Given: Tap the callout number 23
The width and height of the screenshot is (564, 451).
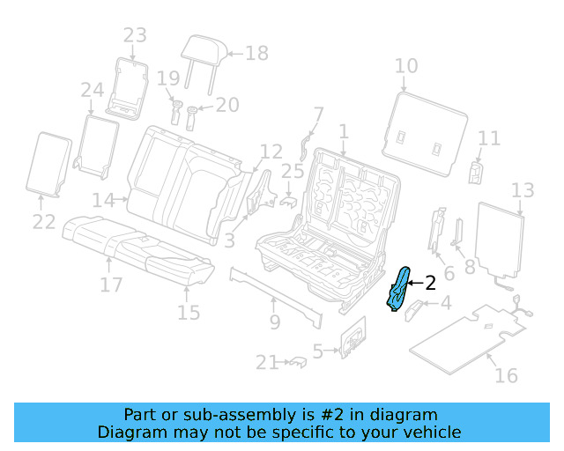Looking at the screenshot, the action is pos(135,35).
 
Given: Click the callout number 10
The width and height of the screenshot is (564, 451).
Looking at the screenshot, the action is pos(405,66).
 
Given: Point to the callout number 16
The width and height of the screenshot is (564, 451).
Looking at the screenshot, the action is pos(505,376).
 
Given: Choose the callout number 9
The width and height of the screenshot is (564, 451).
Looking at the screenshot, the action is pos(274,322).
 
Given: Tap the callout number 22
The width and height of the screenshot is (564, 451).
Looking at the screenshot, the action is pos(44,222).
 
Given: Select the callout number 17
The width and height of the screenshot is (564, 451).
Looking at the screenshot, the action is pos(110,285).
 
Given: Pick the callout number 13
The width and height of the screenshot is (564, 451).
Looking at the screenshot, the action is pos(523,190).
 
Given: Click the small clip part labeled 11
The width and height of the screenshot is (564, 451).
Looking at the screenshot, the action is pos(477,171).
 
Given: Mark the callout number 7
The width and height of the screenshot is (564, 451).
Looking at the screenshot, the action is pos(318,115).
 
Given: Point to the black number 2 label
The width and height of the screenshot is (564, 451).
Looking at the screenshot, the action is pos(430,283).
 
